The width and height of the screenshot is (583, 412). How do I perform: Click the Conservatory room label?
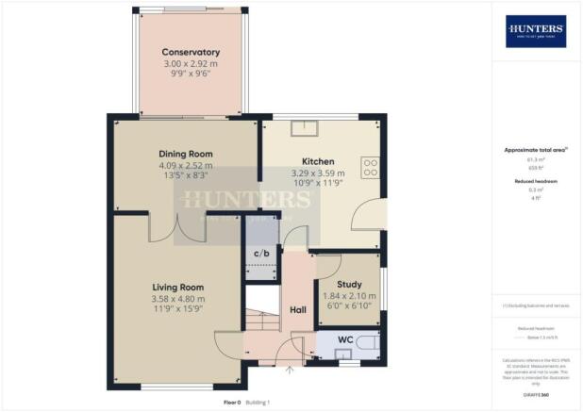pyautogui.click(x=191, y=52)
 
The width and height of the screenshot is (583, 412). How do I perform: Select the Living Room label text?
pyautogui.click(x=178, y=288)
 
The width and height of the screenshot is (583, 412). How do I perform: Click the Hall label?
pyautogui.click(x=298, y=308)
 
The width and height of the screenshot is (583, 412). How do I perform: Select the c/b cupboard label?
pyautogui.click(x=262, y=255)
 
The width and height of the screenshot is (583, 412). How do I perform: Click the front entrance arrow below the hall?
pyautogui.click(x=290, y=370)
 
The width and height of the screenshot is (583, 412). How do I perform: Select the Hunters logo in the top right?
pyautogui.click(x=536, y=31)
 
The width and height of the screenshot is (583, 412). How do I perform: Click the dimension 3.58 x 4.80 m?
pyautogui.click(x=178, y=300)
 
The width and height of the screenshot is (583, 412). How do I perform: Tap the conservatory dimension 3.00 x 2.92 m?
pyautogui.click(x=191, y=63)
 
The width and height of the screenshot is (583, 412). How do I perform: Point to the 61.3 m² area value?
pyautogui.click(x=535, y=161)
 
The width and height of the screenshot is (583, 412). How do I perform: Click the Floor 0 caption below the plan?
pyautogui.click(x=232, y=403)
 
